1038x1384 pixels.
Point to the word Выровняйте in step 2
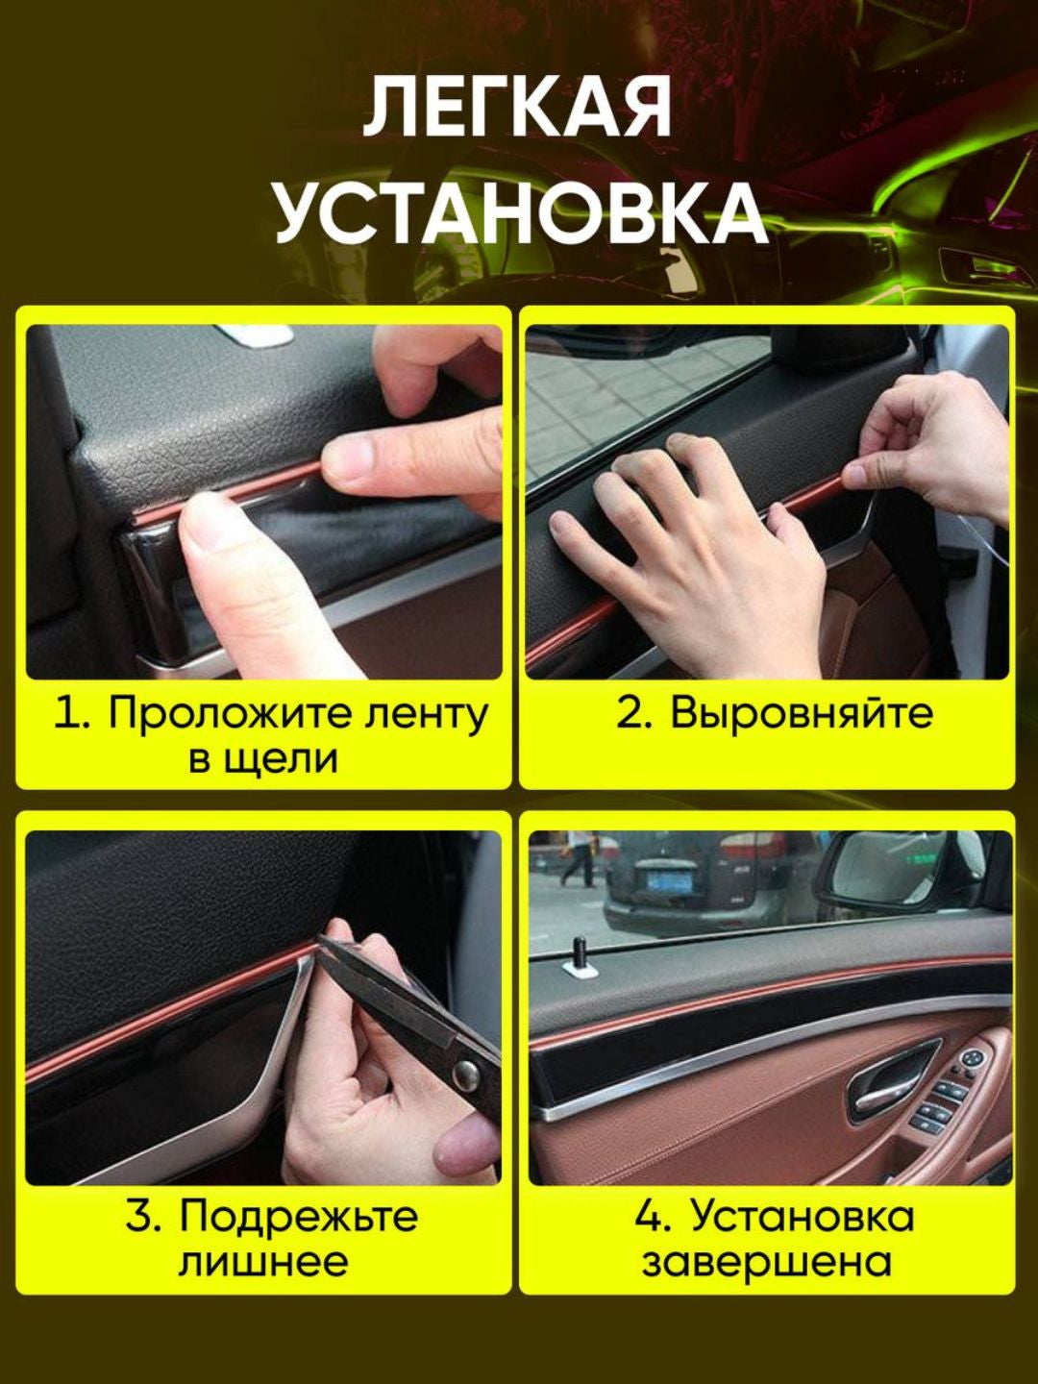pos(802,714)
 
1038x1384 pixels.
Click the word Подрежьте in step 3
pos(299,1218)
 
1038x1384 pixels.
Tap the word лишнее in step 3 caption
pos(262,1262)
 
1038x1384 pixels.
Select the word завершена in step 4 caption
pos(766,1262)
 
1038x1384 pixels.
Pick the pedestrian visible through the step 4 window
pos(577,857)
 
